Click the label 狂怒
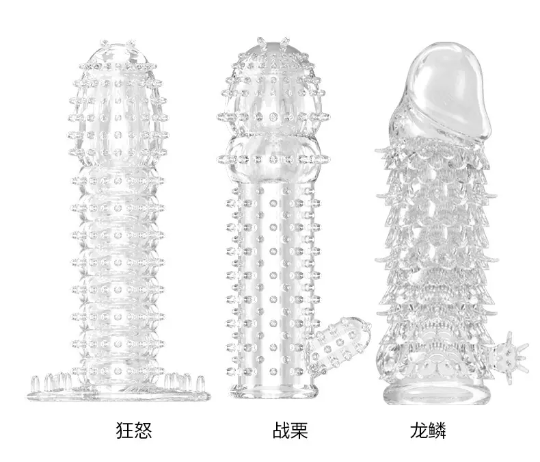click(x=134, y=430)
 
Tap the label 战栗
click(x=290, y=430)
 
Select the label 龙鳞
click(x=428, y=430)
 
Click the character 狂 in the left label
click(x=124, y=430)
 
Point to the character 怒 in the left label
click(x=144, y=430)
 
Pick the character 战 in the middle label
click(x=281, y=430)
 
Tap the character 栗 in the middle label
click(x=299, y=430)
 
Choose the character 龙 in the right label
click(x=418, y=430)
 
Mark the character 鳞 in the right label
click(x=437, y=430)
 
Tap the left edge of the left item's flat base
click(x=29, y=396)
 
